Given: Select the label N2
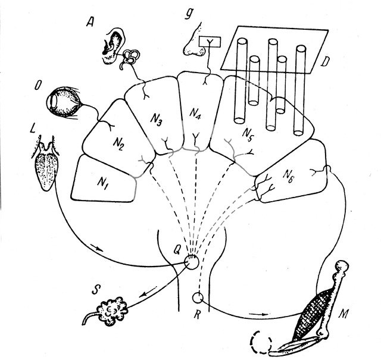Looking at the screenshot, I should [x=119, y=143].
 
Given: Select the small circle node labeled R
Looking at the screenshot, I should [x=198, y=298].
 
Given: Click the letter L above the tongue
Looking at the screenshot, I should [x=30, y=128].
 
